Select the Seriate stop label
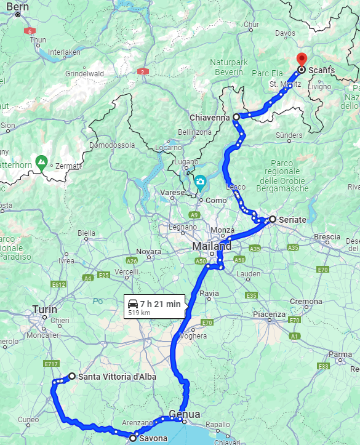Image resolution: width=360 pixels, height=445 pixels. tap(292, 219)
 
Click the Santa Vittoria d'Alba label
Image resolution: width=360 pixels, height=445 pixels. tap(117, 376)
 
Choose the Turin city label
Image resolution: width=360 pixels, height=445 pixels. tap(44, 310)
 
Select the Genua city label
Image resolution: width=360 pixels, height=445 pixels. tap(185, 414)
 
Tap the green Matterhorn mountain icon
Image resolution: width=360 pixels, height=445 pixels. tap(41, 163)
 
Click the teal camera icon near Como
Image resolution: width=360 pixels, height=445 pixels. tap(200, 182)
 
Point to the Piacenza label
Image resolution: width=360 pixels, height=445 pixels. tap(268, 315)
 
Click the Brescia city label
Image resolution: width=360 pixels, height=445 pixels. tap(327, 236)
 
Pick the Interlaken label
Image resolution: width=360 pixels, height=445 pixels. tap(64, 52)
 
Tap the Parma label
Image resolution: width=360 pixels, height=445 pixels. tap(341, 355)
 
